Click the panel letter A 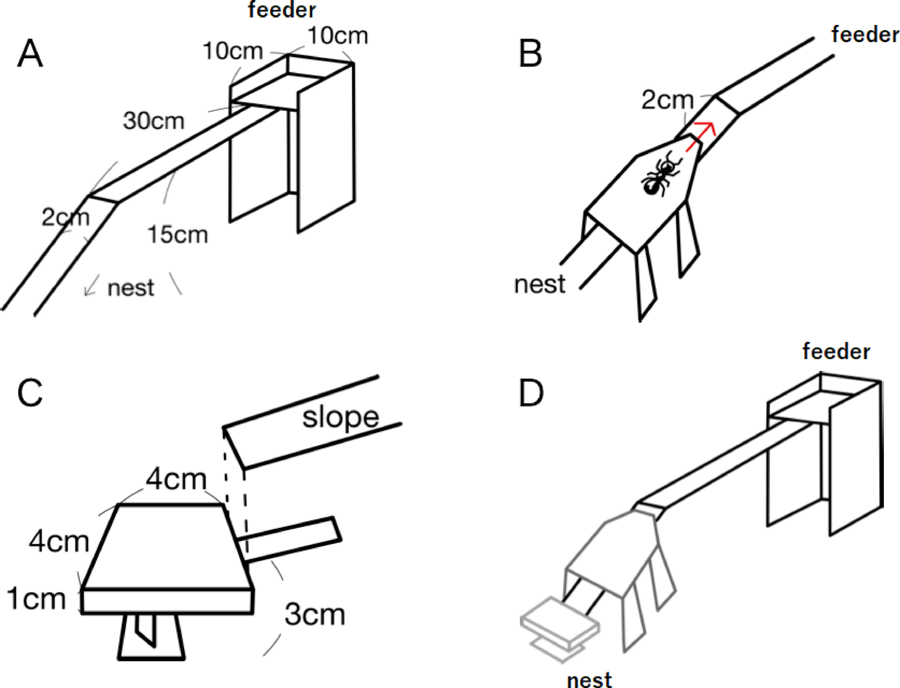pyautogui.click(x=30, y=54)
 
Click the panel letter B pyautogui.click(x=530, y=54)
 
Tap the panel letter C pyautogui.click(x=30, y=393)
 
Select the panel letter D pyautogui.click(x=531, y=393)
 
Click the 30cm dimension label pyautogui.click(x=154, y=121)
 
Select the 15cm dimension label pyautogui.click(x=178, y=235)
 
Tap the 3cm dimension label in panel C pyautogui.click(x=314, y=615)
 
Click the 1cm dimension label pyautogui.click(x=36, y=599)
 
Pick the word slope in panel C pyautogui.click(x=340, y=417)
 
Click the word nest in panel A pyautogui.click(x=131, y=288)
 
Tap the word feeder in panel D pyautogui.click(x=836, y=352)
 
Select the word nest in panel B pyautogui.click(x=539, y=284)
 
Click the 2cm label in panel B pyautogui.click(x=667, y=99)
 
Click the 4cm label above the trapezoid pyautogui.click(x=176, y=478)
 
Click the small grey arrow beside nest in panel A pyautogui.click(x=92, y=285)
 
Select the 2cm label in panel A pyautogui.click(x=65, y=217)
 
